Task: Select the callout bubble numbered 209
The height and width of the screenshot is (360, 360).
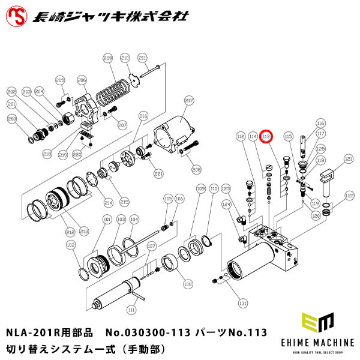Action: (107, 58)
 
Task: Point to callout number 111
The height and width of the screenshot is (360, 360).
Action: (131, 310)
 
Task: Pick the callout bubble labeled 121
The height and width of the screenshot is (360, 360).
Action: (347, 160)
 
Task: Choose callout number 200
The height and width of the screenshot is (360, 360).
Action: (11, 119)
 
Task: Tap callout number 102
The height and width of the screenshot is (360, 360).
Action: (70, 245)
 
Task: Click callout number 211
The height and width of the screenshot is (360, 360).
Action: (142, 58)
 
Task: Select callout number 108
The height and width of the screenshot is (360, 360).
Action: (188, 284)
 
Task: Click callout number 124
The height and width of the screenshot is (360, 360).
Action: (226, 205)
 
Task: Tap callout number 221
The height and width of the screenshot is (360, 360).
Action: (158, 173)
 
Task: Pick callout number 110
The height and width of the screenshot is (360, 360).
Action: (215, 188)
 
